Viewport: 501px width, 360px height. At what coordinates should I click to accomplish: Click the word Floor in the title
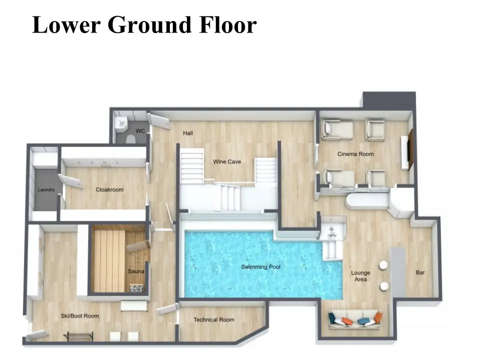(227, 25)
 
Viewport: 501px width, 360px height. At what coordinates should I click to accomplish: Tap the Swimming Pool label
(261, 267)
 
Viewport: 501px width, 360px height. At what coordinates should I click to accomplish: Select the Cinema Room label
(355, 154)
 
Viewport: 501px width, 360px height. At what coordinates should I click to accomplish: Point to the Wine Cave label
(227, 162)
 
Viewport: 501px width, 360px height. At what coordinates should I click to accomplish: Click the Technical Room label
(214, 319)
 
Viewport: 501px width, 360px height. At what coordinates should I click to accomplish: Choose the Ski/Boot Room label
(80, 316)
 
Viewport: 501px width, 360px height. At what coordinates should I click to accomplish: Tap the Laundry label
(46, 190)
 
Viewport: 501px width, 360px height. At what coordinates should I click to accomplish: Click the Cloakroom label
(109, 189)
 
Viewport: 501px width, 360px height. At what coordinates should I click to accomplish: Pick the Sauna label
(136, 271)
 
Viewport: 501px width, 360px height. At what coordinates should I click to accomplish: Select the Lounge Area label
(360, 276)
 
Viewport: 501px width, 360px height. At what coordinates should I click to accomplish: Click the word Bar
(420, 272)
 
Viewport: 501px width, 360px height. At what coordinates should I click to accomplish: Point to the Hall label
(188, 133)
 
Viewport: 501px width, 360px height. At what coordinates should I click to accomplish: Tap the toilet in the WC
(130, 139)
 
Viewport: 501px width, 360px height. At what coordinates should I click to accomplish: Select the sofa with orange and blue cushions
(355, 319)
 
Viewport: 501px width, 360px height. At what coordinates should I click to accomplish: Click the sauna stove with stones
(137, 288)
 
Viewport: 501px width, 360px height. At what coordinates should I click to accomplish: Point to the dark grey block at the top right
(389, 100)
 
